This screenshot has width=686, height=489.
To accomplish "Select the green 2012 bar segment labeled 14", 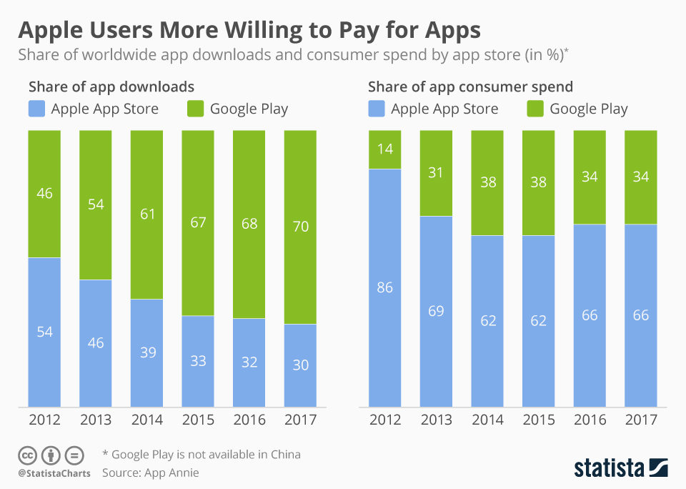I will (x=384, y=149).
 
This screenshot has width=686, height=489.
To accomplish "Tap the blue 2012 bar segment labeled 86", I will (x=384, y=288).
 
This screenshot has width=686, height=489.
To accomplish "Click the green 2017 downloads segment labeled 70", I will (x=300, y=227).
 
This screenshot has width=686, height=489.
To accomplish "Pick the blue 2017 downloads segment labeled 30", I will (x=300, y=365).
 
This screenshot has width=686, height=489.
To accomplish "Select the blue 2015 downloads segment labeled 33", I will (x=198, y=361).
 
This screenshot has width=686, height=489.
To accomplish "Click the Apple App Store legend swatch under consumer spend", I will (x=376, y=109).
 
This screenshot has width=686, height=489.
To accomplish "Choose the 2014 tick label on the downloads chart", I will (x=147, y=420).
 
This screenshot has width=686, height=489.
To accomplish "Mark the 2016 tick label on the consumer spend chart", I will (x=590, y=420).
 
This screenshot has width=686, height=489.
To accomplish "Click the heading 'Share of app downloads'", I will (x=111, y=87).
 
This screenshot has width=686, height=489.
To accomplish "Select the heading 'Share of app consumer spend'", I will (x=470, y=87).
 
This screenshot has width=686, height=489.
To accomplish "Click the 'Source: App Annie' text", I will (x=150, y=473).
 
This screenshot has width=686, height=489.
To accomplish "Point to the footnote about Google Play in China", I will (x=202, y=454).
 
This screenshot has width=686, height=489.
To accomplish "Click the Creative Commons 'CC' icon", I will (x=27, y=455).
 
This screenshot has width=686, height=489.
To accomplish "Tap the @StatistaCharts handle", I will (x=54, y=473).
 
